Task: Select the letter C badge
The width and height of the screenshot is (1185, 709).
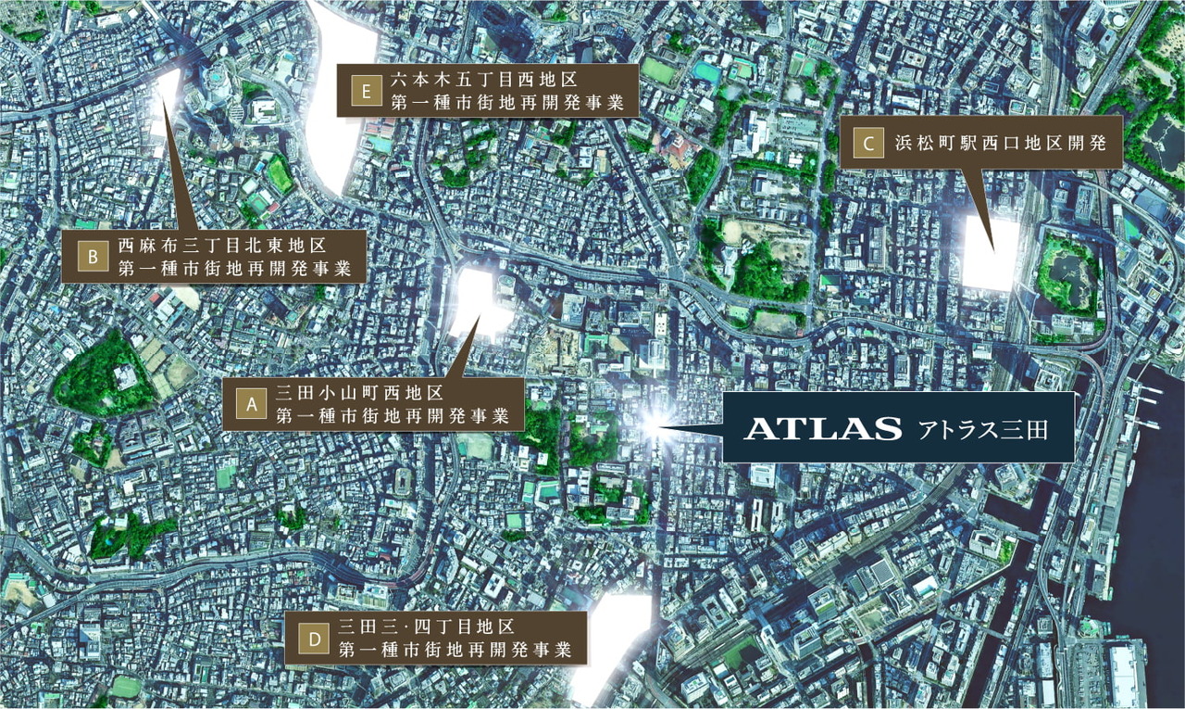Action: coord(867,143)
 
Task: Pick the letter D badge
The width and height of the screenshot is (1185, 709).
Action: coord(314,638)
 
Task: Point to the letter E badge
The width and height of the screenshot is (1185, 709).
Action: coord(367,91)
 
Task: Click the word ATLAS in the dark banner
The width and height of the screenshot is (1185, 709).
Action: coord(823,428)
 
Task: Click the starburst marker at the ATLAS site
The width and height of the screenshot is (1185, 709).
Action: coord(652,425)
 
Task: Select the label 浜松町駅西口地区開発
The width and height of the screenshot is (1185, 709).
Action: coord(995,144)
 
